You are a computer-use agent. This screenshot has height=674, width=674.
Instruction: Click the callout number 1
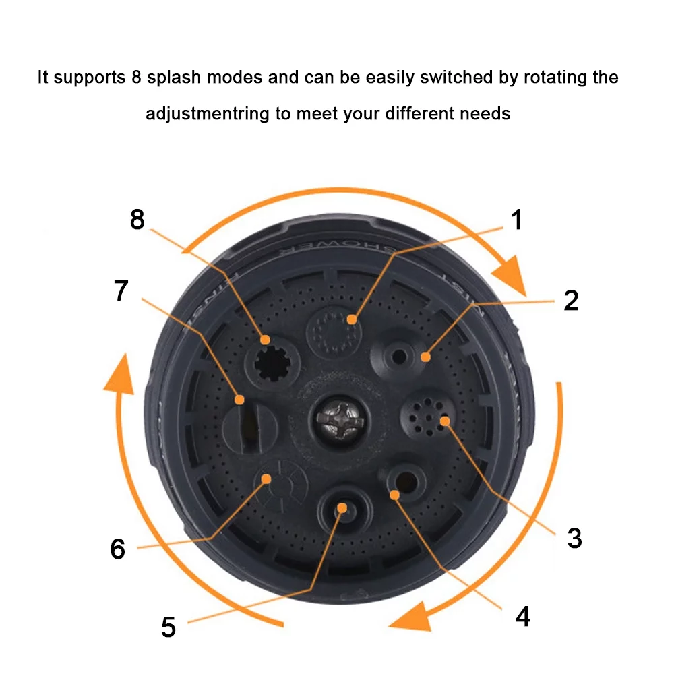(516, 220)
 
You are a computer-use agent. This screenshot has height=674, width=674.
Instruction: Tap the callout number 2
(571, 301)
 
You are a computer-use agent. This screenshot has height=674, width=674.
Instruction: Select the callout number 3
(574, 537)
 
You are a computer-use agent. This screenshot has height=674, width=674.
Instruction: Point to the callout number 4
(522, 616)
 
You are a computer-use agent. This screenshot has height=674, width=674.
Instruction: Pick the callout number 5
(168, 627)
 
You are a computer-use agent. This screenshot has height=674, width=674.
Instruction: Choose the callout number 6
(117, 549)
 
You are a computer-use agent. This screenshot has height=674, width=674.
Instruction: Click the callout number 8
(137, 220)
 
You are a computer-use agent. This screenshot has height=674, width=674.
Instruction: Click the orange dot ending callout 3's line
(445, 421)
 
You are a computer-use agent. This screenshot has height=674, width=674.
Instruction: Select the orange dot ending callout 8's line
(266, 340)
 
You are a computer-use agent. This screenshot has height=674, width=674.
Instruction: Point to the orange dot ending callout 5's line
(342, 508)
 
